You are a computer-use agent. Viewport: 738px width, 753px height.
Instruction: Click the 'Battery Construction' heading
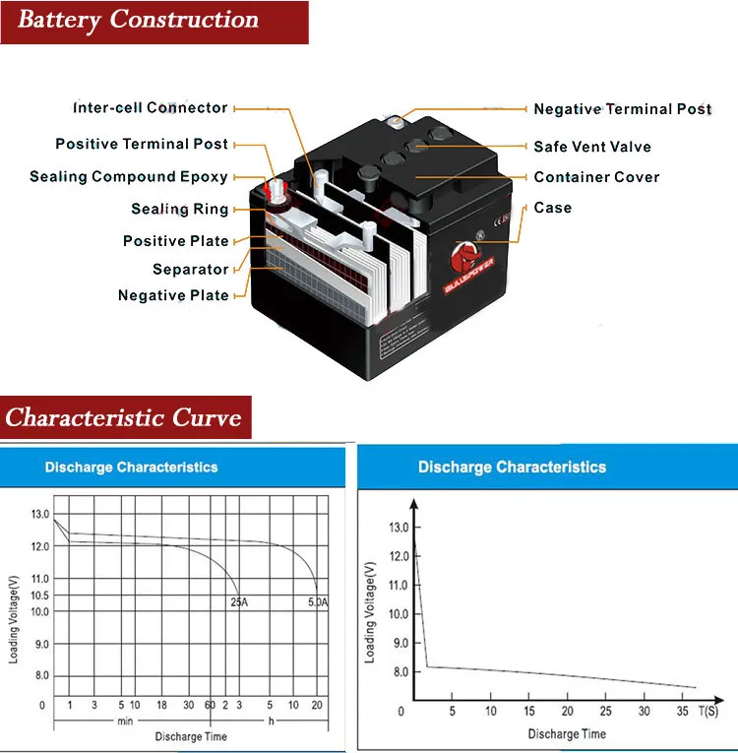[x=138, y=21]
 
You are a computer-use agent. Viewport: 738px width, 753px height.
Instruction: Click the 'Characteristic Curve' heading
[x=124, y=417]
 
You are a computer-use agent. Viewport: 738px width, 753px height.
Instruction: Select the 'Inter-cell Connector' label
[x=151, y=108]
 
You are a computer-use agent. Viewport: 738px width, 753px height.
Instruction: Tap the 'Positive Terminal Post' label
[x=142, y=144]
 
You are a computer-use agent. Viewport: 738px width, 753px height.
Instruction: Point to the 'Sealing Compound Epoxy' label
[x=129, y=177]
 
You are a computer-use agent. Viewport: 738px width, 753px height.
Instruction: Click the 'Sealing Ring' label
[x=180, y=209]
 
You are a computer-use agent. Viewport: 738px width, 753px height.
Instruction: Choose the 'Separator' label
[x=191, y=269]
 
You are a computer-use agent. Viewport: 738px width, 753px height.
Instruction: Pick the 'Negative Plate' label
[x=173, y=295]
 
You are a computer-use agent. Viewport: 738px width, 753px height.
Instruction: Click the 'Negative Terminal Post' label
[x=623, y=109]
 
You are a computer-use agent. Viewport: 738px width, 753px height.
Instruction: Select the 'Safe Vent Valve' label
[x=592, y=147]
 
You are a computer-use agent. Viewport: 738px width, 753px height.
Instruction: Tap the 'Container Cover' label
[x=596, y=177]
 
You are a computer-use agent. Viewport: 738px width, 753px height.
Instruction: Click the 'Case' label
[x=552, y=208]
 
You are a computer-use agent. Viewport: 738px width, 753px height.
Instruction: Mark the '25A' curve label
[x=238, y=600]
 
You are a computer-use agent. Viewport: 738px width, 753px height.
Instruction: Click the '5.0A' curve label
[x=317, y=600]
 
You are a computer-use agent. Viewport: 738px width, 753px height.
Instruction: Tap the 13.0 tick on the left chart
[x=40, y=515]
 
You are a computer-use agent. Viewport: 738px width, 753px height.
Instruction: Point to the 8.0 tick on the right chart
[x=399, y=672]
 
